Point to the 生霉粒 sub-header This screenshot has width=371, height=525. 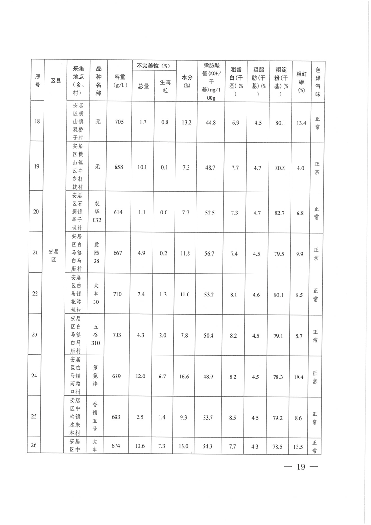[x=165, y=86]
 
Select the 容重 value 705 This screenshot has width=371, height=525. [x=119, y=122]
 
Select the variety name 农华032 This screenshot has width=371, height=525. [x=97, y=211]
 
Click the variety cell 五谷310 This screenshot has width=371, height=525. [x=97, y=334]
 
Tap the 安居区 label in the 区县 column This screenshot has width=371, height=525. [x=53, y=256]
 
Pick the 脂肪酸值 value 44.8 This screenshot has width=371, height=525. [x=211, y=122]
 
